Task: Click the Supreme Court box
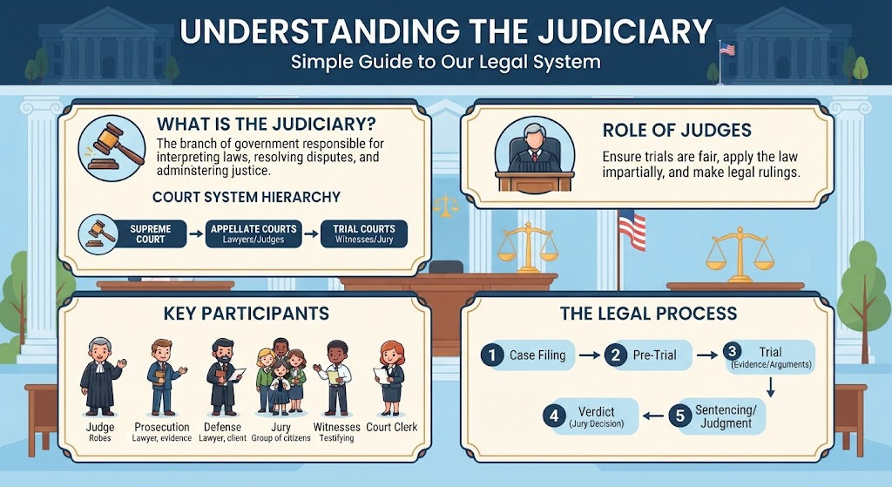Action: (x=150, y=233)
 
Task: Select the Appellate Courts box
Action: (x=253, y=233)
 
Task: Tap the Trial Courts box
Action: (x=364, y=233)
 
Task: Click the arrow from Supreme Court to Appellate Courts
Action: (x=196, y=233)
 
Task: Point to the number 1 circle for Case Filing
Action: (x=492, y=355)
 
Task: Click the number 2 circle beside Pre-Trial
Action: (x=616, y=355)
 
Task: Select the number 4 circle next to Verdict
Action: (x=554, y=416)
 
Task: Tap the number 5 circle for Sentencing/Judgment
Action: (x=679, y=416)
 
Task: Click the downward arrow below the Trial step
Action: (x=771, y=388)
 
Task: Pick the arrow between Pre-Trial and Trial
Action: (x=707, y=355)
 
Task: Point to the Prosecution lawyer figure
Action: (x=163, y=377)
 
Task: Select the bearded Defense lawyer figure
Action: (x=224, y=377)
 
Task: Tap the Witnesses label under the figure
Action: (x=337, y=427)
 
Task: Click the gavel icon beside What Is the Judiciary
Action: (x=111, y=146)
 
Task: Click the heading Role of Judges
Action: (x=677, y=131)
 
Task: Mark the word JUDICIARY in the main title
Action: (x=625, y=31)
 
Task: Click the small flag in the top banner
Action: (x=726, y=50)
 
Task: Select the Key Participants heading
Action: (x=246, y=313)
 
